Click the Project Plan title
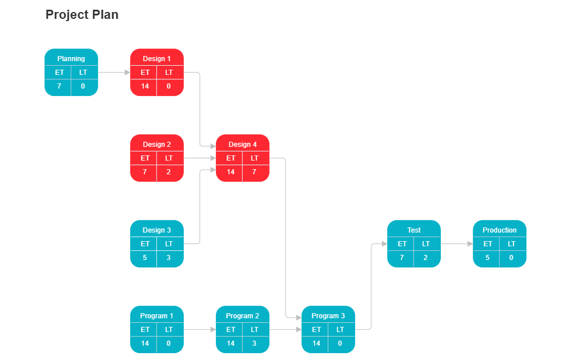coord(82,15)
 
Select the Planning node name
coord(71,59)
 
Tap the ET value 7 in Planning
coord(59,86)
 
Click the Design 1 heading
coord(157,59)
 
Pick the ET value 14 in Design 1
coord(145,86)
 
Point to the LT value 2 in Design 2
coord(169,172)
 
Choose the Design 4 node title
coord(243,145)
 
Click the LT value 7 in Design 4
coord(255,172)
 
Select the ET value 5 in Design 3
coord(145,258)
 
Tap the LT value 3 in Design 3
coord(169,258)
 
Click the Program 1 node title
coord(157,316)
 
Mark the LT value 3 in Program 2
coord(255,343)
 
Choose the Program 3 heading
coord(328,316)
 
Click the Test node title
coord(414,230)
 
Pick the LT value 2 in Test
coord(426,258)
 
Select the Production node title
coord(500,230)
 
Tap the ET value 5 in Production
coord(488,258)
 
